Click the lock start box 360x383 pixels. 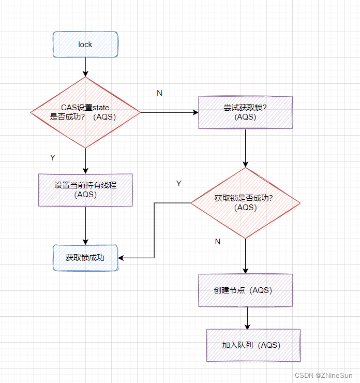[x=85, y=45]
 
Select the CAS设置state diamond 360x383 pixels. [x=85, y=112]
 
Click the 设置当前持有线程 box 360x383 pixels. [x=85, y=189]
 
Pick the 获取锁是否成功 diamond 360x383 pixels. [x=245, y=202]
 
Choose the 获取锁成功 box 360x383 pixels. [x=85, y=257]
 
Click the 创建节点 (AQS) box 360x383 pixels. [x=245, y=290]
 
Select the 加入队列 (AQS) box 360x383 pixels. [x=253, y=345]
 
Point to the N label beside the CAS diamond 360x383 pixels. [x=159, y=93]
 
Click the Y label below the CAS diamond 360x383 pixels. [x=52, y=157]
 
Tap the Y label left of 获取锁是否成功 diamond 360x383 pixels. [x=179, y=184]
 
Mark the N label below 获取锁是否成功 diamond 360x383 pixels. [x=217, y=242]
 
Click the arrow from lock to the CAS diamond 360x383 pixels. [x=85, y=67]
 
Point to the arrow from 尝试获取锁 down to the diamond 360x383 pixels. [x=245, y=148]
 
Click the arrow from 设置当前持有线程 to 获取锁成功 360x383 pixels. [x=85, y=225]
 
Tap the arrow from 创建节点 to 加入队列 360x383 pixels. [x=247, y=317]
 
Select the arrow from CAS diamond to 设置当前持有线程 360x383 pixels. [x=85, y=160]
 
